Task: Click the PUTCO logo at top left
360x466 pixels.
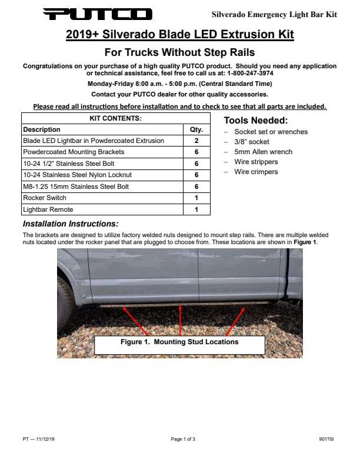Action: [x=97, y=14]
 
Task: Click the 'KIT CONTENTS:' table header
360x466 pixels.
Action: [x=115, y=118]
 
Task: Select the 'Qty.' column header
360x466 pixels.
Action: [x=196, y=129]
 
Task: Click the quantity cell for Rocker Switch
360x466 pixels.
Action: [x=196, y=198]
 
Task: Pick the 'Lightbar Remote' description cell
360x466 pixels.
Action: [x=48, y=209]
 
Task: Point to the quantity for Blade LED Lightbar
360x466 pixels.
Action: [x=196, y=141]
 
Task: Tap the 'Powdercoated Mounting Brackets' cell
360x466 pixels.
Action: [x=74, y=152]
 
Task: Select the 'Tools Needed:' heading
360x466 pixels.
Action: [x=256, y=121]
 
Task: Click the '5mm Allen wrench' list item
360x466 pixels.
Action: [x=263, y=152]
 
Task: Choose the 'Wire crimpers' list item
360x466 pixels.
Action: [x=256, y=172]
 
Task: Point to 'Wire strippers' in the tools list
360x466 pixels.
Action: [x=256, y=162]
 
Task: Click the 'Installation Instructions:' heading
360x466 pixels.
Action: [x=71, y=224]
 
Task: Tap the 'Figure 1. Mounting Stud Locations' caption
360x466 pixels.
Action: [x=179, y=342]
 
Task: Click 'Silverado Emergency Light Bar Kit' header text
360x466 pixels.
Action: [x=274, y=14]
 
